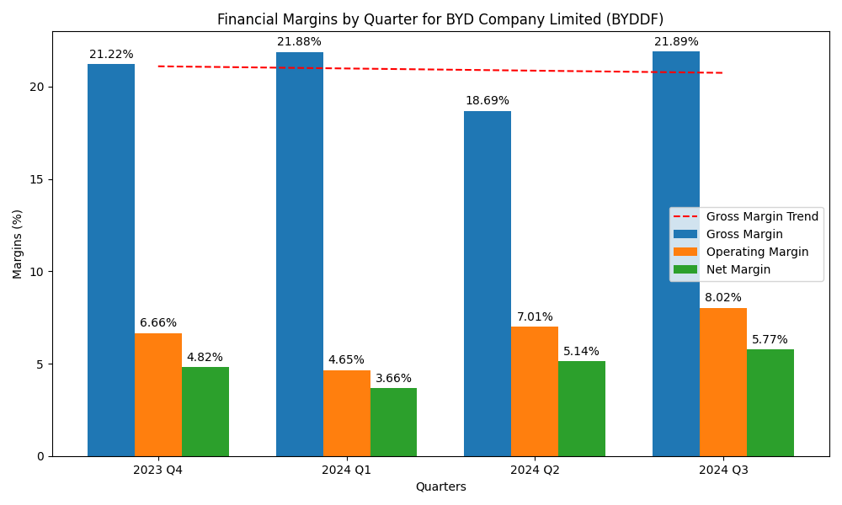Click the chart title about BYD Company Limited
[x=440, y=19]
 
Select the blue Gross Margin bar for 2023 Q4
[x=111, y=260]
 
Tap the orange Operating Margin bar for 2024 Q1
[x=346, y=413]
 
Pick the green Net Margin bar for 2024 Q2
[x=582, y=409]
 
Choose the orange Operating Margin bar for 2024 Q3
[x=722, y=382]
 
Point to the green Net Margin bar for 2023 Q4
[x=205, y=412]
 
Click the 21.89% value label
[x=676, y=42]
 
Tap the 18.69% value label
[x=488, y=101]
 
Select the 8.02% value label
[x=723, y=298]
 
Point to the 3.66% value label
[x=393, y=379]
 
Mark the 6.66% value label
[x=158, y=323]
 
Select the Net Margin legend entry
[x=738, y=269]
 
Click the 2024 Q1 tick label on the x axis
[x=346, y=470]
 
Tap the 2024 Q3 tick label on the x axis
[x=723, y=470]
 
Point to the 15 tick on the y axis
[x=38, y=179]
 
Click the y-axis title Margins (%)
[x=18, y=244]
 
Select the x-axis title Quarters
[x=440, y=486]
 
